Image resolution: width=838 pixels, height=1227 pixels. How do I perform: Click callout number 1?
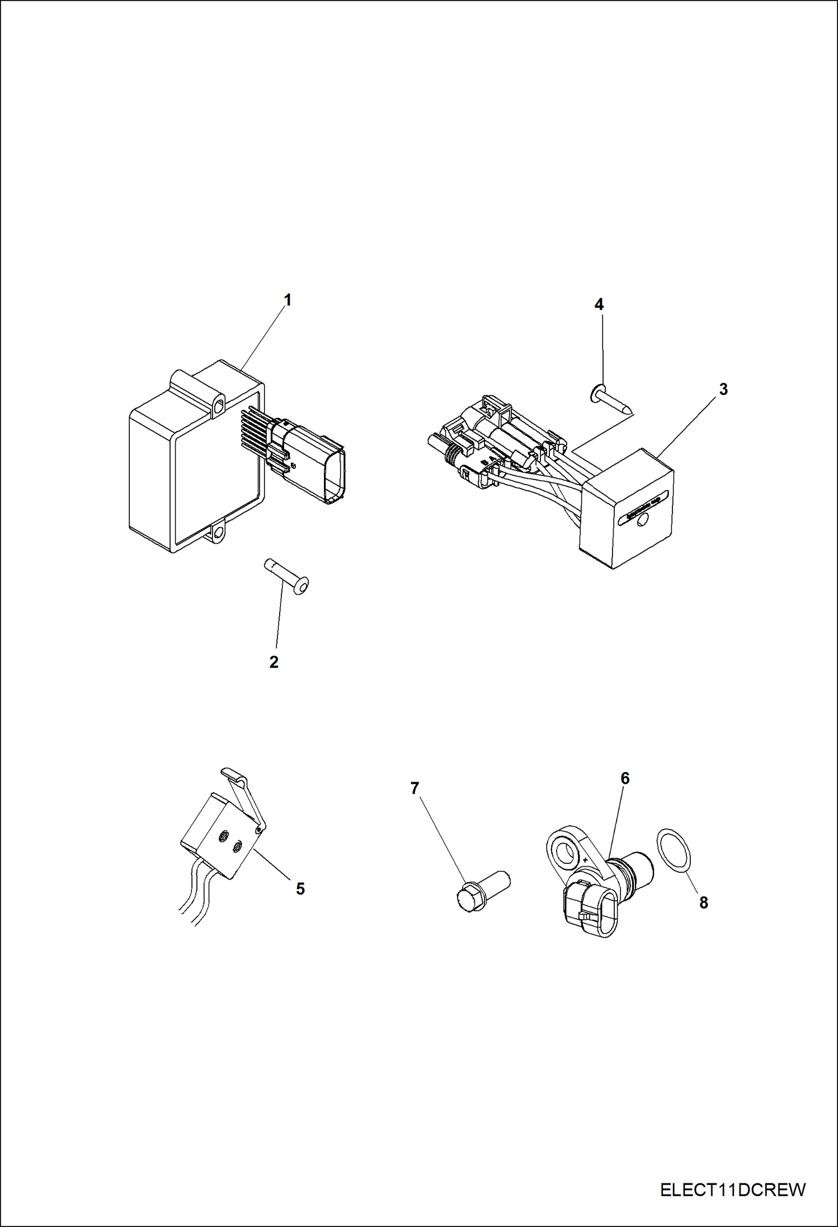coord(288,300)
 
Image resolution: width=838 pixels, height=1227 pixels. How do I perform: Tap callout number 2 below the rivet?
coord(274,662)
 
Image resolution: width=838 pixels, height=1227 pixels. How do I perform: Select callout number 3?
coord(723,389)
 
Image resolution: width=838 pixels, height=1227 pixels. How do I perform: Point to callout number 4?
coord(599,305)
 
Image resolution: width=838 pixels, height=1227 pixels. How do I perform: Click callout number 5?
coord(300,888)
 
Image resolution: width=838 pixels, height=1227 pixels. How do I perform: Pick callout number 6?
coord(625,778)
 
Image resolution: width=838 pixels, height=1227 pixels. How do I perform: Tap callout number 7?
coord(415,788)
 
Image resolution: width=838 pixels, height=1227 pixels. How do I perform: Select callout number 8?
coord(703,902)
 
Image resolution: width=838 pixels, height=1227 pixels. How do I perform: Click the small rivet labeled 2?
coord(286,576)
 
